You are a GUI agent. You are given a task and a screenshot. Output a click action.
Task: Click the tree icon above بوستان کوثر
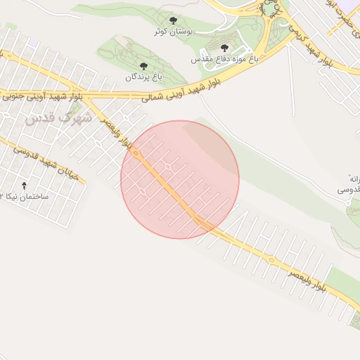174,21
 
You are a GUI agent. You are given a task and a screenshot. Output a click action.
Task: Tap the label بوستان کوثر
174,32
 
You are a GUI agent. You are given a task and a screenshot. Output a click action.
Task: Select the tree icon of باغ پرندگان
144,66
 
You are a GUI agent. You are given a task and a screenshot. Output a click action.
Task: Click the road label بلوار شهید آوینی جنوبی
39,94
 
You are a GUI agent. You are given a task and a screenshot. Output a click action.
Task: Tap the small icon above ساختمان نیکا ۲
25,186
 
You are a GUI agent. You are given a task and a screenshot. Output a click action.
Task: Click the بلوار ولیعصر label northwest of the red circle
117,132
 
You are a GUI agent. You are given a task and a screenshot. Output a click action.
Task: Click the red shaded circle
180,179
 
